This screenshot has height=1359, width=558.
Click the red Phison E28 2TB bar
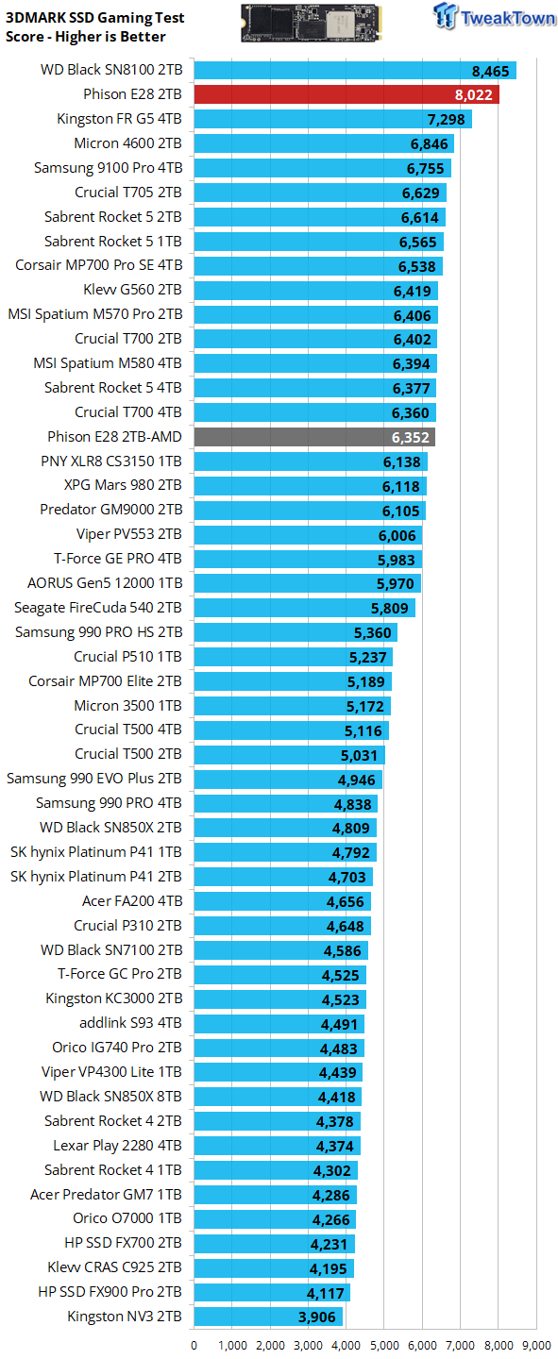(347, 94)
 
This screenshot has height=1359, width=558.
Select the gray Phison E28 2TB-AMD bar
(314, 437)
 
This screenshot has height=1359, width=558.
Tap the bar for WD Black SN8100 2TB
(355, 71)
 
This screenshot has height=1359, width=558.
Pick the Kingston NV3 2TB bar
(268, 1317)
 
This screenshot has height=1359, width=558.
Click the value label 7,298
(447, 120)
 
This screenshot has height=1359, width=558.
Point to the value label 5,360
(373, 632)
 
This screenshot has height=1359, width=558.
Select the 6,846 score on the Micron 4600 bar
(430, 143)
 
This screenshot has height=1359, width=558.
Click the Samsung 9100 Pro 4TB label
(108, 167)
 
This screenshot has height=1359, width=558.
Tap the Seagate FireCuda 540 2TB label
(98, 608)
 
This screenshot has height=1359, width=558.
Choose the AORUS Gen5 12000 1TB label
(105, 583)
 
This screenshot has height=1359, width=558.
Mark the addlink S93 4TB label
(130, 1023)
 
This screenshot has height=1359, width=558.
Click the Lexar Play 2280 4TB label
(118, 1146)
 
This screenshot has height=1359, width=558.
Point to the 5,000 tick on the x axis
(384, 1345)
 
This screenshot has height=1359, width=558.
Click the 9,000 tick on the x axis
(536, 1345)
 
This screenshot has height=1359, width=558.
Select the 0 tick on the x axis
(194, 1345)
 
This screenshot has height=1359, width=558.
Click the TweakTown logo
(494, 16)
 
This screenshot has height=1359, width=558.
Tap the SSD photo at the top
(312, 23)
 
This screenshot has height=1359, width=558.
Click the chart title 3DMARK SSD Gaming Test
(94, 18)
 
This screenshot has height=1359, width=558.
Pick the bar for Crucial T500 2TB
(290, 755)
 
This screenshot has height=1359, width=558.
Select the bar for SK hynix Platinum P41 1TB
(285, 852)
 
